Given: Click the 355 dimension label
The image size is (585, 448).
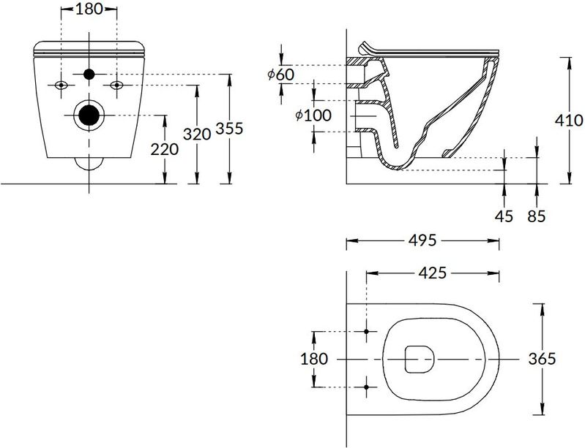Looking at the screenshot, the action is tap(229, 128).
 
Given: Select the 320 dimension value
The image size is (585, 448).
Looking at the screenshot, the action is tap(197, 134).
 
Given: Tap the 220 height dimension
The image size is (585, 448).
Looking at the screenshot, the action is tap(165, 149).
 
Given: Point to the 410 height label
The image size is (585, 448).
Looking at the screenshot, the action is tap(569, 121).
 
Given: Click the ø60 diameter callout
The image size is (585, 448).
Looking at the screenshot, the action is tap(281, 75).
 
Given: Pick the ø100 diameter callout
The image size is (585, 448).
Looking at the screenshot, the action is tap(313, 115).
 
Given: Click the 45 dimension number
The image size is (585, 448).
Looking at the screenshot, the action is tap(504, 216).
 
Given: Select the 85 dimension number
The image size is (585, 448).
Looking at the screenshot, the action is tap(537, 216).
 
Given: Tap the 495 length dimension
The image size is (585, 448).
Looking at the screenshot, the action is tap(422, 240).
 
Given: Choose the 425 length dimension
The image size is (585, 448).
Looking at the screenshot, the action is tap(433, 273).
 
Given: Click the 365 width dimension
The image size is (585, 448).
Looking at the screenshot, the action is tap(542, 359).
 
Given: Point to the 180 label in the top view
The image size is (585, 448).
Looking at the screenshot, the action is tap(314, 359).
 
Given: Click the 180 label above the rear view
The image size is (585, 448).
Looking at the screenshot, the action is tap(89, 9).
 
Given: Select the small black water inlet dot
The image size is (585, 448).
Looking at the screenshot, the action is tap(89, 74).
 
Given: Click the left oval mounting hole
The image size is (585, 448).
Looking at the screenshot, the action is tap(62, 86).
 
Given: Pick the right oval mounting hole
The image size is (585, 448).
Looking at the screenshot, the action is tap(116, 86).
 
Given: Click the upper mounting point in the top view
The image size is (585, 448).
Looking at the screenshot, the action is tap(366, 331).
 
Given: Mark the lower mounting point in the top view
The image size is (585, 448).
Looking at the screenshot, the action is tap(366, 387).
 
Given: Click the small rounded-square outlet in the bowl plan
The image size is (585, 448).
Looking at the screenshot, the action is tap(420, 359).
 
